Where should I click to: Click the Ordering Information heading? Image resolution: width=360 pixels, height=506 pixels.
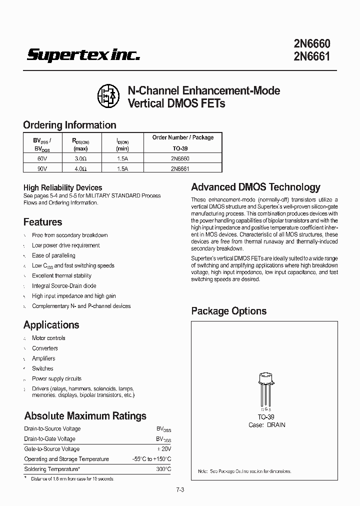(69, 125)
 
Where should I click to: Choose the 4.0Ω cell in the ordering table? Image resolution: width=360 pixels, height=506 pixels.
(80, 168)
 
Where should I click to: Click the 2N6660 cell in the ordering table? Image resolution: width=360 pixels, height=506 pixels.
(182, 158)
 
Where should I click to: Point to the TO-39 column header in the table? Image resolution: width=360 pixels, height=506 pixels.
(182, 148)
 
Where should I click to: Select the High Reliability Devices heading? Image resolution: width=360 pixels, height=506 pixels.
(62, 187)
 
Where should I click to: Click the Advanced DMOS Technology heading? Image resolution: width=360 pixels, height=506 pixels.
(255, 187)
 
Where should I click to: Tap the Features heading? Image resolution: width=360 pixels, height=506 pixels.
(43, 222)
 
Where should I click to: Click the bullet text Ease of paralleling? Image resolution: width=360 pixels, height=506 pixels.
(53, 255)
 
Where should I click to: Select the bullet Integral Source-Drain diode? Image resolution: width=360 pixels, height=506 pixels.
(64, 286)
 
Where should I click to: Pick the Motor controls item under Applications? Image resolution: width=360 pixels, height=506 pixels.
(48, 338)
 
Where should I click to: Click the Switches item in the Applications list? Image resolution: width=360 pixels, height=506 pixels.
(42, 368)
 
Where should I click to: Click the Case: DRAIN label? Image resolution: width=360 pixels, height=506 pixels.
(267, 425)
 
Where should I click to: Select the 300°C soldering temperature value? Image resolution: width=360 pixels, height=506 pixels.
(163, 469)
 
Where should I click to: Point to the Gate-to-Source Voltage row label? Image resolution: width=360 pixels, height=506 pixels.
(51, 449)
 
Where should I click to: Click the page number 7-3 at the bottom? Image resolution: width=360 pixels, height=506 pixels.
(180, 489)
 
